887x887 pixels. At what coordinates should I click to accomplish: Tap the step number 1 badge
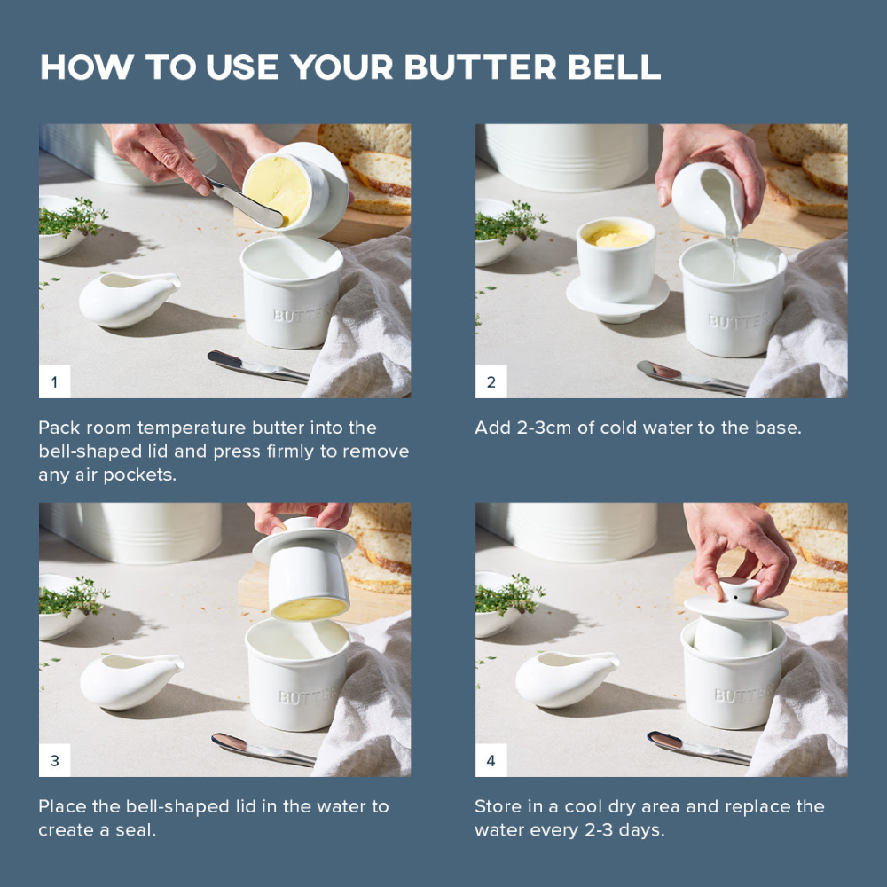pyautogui.click(x=54, y=382)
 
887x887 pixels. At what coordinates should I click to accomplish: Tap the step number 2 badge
pyautogui.click(x=491, y=382)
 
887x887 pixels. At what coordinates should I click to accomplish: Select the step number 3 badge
pyautogui.click(x=54, y=761)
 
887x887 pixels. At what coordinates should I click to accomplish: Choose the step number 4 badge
pyautogui.click(x=491, y=761)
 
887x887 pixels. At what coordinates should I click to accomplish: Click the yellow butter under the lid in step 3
pyautogui.click(x=308, y=608)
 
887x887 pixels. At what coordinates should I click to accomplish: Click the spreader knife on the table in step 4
pyautogui.click(x=696, y=747)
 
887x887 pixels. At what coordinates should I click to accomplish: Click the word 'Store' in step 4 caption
pyautogui.click(x=498, y=806)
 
